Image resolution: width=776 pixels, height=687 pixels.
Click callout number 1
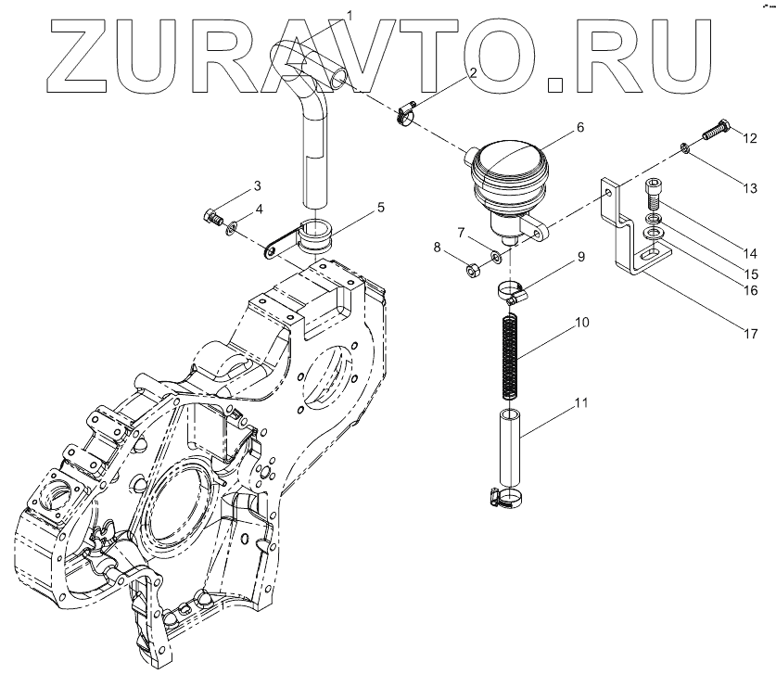point(350,14)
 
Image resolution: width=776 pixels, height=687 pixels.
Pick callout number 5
point(381,210)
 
